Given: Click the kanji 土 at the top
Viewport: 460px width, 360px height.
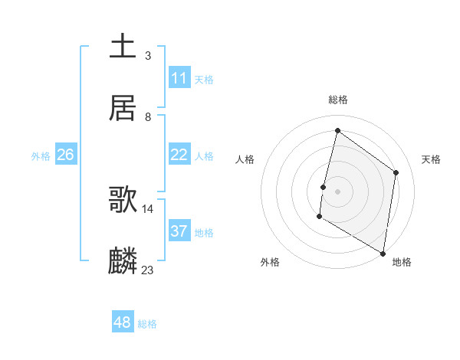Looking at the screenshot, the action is pos(123,46).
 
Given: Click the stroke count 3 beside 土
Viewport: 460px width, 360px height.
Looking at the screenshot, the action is pos(147,55).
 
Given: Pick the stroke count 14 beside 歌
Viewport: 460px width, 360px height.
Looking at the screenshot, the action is pos(148,208).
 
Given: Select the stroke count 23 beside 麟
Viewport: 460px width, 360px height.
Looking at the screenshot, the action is pos(148,270).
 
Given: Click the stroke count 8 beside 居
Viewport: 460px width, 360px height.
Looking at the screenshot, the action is pos(147,116).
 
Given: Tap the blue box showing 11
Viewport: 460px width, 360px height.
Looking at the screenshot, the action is pos(179,78).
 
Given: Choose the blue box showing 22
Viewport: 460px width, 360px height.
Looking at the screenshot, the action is pos(179,155).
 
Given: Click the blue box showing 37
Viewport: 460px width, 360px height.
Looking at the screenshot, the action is pos(179,231).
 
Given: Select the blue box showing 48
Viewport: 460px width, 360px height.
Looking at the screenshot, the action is pos(123,322).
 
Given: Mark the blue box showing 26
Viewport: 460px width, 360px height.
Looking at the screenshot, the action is pos(66,155).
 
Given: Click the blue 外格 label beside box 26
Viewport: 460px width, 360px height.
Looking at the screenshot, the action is pos(41,155).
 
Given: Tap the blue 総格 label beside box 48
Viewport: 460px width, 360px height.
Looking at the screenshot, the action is pos(147,324).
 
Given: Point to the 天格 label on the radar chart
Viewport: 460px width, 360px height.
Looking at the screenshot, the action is pos(431,159).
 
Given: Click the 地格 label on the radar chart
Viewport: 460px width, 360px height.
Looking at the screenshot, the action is pos(402,262).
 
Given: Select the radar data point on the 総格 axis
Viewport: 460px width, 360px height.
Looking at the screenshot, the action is pos(337,130).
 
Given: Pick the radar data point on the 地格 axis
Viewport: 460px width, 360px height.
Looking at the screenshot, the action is pos(383,253).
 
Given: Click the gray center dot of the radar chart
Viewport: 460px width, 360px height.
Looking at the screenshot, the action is pos(337,191).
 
